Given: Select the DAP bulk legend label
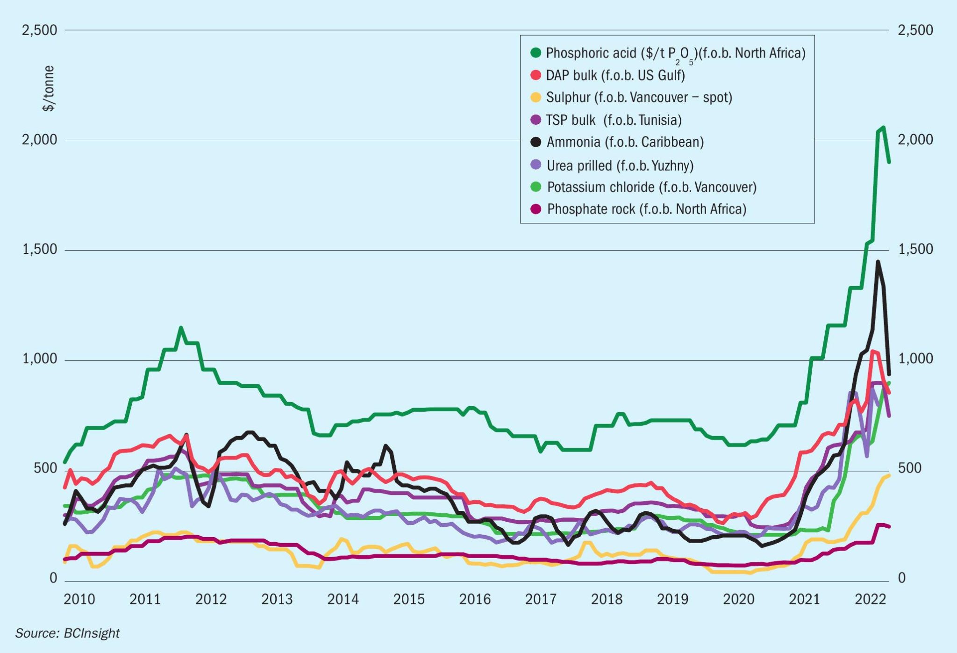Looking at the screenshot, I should tap(615, 75).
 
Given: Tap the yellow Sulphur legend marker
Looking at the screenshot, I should tap(536, 97).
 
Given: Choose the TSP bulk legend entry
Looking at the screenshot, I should tap(614, 120).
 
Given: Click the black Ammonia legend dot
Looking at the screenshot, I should tap(536, 142).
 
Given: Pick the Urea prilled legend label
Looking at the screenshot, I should tap(620, 165).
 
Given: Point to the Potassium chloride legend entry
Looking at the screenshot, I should tap(651, 187).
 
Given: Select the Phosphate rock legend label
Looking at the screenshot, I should tap(646, 209).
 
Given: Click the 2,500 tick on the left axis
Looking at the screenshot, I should tap(40, 30).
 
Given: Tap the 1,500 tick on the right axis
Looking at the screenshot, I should tap(915, 250).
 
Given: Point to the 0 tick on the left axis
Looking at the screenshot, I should tap(53, 578).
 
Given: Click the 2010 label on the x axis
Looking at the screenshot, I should tap(79, 599).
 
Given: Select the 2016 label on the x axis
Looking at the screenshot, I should tap(475, 599).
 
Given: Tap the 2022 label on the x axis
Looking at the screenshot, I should tap(870, 599).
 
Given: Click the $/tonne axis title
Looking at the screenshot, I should tap(49, 88).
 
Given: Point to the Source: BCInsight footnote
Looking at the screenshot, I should tap(67, 633).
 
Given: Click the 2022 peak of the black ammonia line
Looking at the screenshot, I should tap(878, 262).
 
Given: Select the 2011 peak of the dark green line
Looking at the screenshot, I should tap(181, 328).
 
